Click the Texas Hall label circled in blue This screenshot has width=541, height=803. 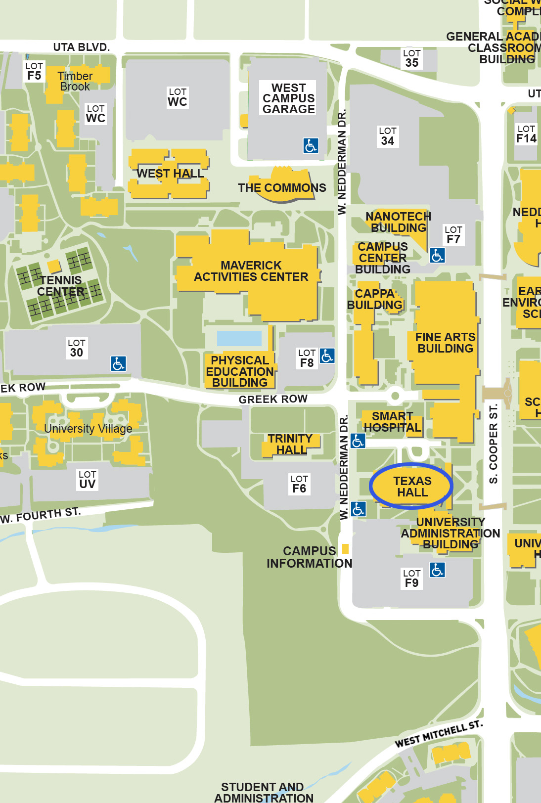412,487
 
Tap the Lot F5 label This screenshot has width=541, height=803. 34,71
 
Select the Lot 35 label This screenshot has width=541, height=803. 412,58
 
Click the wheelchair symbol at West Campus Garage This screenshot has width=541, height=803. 311,145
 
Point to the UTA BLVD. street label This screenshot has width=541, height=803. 82,47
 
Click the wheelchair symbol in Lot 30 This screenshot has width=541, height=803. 118,364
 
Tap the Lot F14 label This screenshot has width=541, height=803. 526,134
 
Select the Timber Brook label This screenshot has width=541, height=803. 75,81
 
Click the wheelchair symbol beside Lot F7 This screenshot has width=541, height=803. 437,255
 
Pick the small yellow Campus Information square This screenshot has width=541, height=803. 345,548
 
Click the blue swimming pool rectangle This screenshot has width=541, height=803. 239,338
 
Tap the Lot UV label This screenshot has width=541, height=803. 88,480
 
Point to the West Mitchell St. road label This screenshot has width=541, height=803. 438,734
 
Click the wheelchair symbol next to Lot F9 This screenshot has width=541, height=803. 437,570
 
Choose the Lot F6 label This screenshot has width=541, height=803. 299,484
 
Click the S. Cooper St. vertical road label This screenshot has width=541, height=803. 493,444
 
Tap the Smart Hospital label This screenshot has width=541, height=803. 392,422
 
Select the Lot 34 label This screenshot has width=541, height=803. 387,136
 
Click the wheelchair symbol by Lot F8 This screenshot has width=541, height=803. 327,356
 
